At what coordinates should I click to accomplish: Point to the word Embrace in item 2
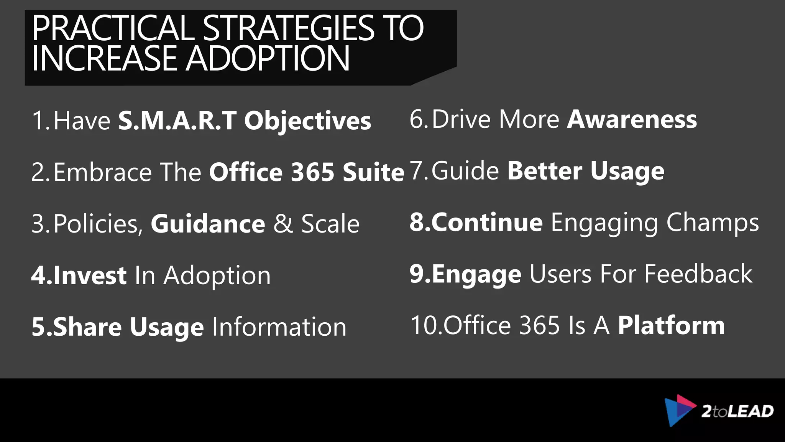103,172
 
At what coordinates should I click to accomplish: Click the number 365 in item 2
312,172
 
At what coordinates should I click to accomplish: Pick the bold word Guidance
208,224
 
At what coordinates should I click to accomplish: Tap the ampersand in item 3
283,224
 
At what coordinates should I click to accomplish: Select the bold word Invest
90,275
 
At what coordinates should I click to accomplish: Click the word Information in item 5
279,327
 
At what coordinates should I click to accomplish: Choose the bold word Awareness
632,119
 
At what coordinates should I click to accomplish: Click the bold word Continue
487,222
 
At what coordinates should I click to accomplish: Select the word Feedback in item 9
698,274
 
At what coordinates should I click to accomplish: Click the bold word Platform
671,325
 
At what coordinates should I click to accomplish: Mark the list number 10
425,325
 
